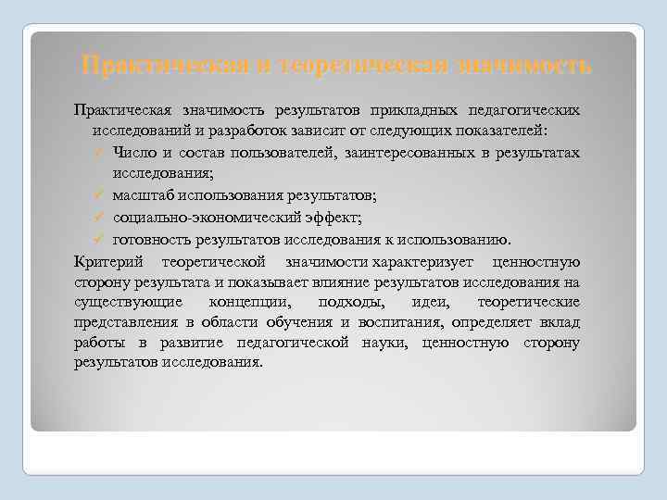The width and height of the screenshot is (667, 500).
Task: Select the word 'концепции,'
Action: click(249, 303)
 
